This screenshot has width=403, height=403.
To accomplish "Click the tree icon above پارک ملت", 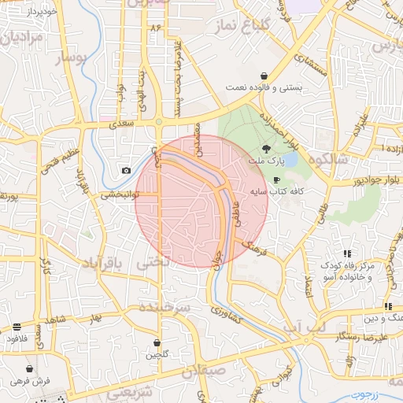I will coord(267,147).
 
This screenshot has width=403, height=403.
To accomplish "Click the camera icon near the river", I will coord(126,171).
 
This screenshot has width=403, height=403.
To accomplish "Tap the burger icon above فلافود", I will coord(17,327).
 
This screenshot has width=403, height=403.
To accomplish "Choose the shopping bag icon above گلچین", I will coord(158,343).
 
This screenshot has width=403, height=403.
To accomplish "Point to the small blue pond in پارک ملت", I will coord(288,161).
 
